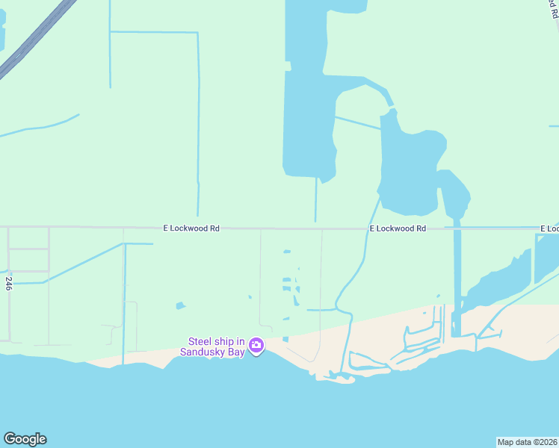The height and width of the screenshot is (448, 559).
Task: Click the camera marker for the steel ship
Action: click(x=256, y=344)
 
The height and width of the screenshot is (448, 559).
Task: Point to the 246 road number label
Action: click(x=9, y=283)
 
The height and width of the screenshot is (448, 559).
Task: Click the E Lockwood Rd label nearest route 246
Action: click(x=192, y=228)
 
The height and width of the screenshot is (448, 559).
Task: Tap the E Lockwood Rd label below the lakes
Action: click(x=398, y=228)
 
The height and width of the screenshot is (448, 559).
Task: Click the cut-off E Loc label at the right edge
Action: click(x=549, y=228)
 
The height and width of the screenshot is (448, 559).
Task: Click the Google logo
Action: click(x=25, y=439)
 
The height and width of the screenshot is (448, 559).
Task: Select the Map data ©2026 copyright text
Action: click(x=527, y=442)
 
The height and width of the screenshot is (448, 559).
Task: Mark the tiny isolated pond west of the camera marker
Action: click(x=179, y=305)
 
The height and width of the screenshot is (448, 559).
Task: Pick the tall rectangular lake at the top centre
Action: click(x=309, y=112)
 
